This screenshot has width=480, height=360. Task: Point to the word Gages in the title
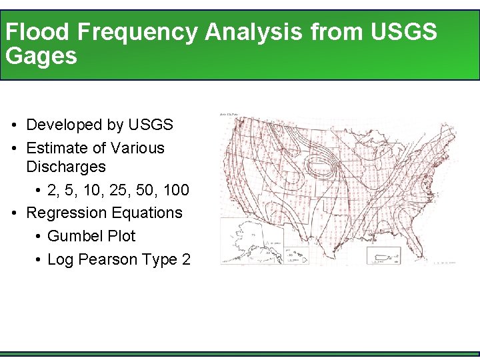tap(41, 57)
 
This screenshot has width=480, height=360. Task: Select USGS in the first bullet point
tap(151, 125)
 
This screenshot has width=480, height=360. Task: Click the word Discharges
tap(66, 166)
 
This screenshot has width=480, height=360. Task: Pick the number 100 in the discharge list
tap(176, 191)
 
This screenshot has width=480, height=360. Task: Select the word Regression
tap(65, 213)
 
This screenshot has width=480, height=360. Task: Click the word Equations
tap(146, 213)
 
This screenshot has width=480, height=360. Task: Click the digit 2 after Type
tap(185, 259)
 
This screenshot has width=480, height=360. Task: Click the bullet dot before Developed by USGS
tap(14, 125)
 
